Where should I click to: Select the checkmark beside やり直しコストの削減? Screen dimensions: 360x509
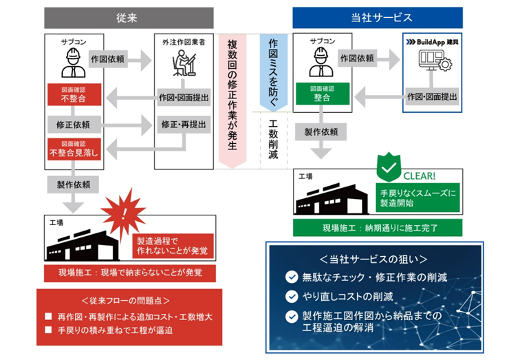[292, 297]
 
